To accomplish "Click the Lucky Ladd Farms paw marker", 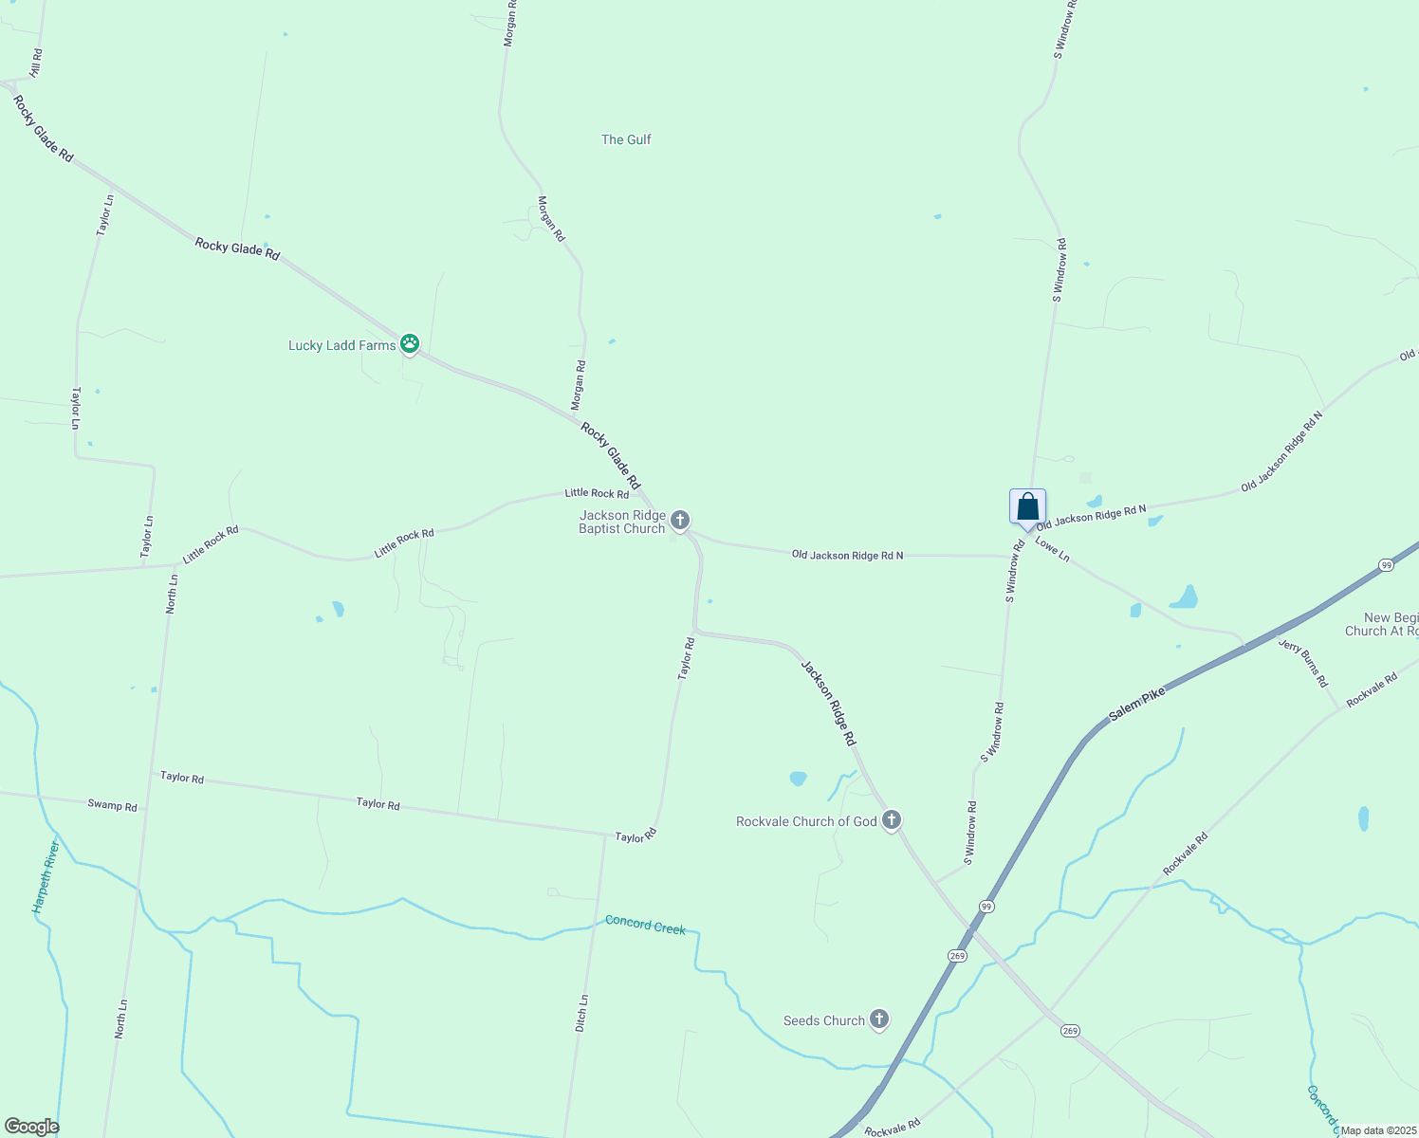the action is (410, 343).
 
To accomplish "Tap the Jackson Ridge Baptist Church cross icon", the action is (679, 520).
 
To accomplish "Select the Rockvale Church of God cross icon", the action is (891, 820).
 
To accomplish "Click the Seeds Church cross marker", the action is (879, 1019).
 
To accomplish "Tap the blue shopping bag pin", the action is (1027, 506).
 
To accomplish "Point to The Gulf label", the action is (626, 139).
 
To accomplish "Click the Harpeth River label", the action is (46, 876).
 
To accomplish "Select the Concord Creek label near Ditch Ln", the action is (645, 925).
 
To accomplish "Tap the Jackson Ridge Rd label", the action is (829, 703).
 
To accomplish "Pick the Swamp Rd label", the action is (112, 805).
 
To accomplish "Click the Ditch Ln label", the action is (582, 1013).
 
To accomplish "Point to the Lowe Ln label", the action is (1052, 549).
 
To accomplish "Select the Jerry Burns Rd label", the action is (1303, 663).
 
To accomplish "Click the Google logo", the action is (31, 1127).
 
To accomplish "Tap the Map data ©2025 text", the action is (1378, 1130).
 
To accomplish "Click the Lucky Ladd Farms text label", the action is (341, 345).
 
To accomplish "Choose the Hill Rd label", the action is (36, 63).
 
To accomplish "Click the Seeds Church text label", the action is (823, 1020).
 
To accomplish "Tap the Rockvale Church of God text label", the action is (806, 821).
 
